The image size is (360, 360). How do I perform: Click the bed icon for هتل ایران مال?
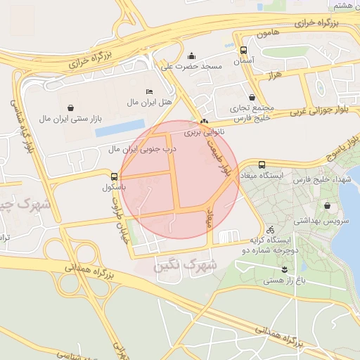coord(148,92)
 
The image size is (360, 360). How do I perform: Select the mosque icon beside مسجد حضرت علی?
coord(192,56)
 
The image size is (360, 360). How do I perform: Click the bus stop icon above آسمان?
coord(243,51)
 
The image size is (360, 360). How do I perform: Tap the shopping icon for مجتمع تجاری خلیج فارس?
coord(252,97)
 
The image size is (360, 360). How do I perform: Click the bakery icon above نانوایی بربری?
coord(205,121)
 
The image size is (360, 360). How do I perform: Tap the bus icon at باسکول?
coord(115,176)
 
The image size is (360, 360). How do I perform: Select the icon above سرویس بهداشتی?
coord(328,206)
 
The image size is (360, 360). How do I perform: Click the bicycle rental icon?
coord(270,229)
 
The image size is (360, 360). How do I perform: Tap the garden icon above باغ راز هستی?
coord(284,269)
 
